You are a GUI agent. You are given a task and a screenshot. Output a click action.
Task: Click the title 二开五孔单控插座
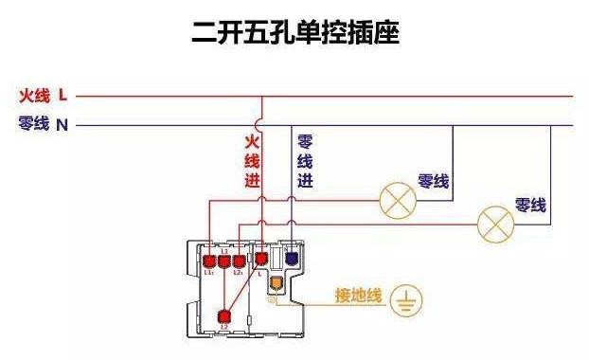(295, 33)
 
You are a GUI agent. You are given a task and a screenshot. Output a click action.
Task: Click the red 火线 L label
(44, 95)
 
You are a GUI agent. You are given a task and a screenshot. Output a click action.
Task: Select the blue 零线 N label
(44, 124)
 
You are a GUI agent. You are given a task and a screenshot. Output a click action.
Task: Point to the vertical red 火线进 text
(253, 161)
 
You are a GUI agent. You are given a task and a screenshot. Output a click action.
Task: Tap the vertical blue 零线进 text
(305, 161)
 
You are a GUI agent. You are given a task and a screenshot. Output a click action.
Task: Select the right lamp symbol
(493, 224)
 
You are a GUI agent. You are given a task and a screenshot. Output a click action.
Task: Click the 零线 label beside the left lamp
(434, 181)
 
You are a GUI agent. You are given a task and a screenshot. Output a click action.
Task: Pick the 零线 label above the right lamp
(530, 205)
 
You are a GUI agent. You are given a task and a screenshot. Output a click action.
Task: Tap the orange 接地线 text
(358, 297)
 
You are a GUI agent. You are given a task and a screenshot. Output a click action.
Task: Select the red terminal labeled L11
(208, 261)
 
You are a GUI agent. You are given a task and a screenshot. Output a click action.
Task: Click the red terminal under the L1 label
(224, 261)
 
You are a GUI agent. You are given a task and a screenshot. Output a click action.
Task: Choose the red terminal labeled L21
(240, 261)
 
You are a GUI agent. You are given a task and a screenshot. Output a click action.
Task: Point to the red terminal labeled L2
(225, 317)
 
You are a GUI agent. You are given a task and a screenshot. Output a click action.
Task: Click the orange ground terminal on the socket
(276, 282)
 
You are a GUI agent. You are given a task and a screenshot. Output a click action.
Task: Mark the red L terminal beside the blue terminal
(261, 257)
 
